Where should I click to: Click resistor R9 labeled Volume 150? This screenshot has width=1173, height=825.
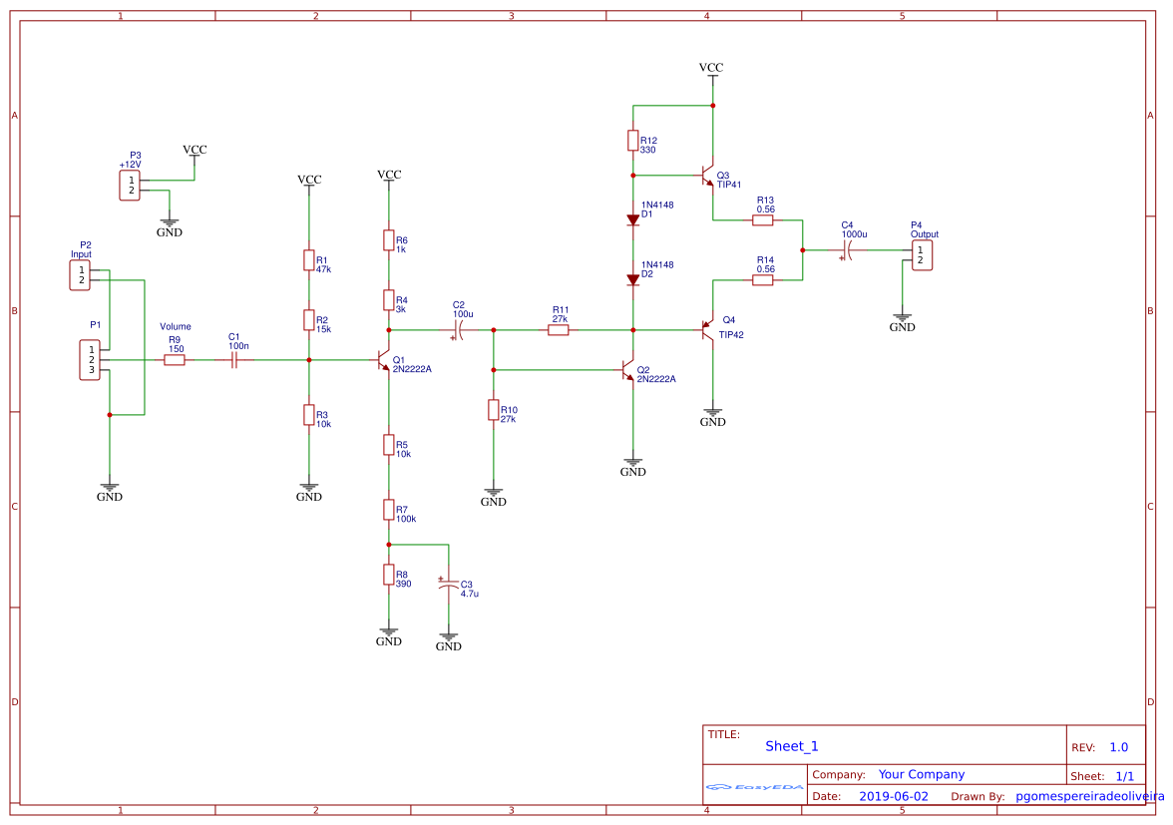(x=175, y=359)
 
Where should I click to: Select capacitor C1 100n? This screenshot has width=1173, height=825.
(x=234, y=359)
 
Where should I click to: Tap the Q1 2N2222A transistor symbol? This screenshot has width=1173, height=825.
(x=384, y=360)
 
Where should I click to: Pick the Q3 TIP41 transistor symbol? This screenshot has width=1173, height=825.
(x=708, y=176)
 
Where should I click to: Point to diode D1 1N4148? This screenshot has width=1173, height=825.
(x=633, y=218)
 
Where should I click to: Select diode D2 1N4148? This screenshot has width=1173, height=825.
(x=633, y=279)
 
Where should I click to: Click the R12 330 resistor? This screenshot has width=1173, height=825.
(x=633, y=141)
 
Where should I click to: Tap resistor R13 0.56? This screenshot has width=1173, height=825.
(x=763, y=220)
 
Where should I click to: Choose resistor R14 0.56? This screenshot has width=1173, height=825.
(x=763, y=280)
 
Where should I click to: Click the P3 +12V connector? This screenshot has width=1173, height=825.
(x=130, y=185)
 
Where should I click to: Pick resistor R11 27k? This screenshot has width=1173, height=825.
(x=559, y=329)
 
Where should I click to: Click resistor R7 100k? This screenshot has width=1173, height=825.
(x=389, y=510)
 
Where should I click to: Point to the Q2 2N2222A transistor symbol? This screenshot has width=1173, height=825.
(x=628, y=370)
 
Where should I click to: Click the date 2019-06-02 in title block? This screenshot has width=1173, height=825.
(x=893, y=796)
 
